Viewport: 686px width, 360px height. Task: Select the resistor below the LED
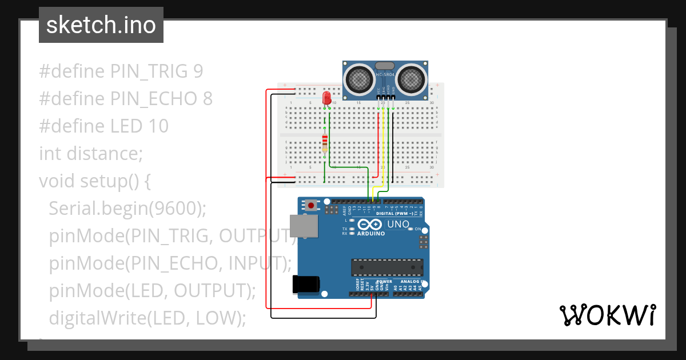tap(325, 141)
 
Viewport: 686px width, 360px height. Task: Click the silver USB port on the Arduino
tap(301, 226)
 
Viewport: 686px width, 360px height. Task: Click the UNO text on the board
tap(398, 225)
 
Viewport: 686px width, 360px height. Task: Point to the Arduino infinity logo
tap(370, 225)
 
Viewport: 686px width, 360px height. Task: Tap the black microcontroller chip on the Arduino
tap(387, 267)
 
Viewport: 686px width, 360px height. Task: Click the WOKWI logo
tap(607, 315)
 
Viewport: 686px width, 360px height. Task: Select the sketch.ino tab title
tap(101, 25)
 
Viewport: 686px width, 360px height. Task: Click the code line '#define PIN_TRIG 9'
tap(121, 71)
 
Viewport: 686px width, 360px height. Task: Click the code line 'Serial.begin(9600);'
tap(127, 209)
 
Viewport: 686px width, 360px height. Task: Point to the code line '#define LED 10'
tap(103, 126)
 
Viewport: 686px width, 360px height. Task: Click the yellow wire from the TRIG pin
tap(383, 149)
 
